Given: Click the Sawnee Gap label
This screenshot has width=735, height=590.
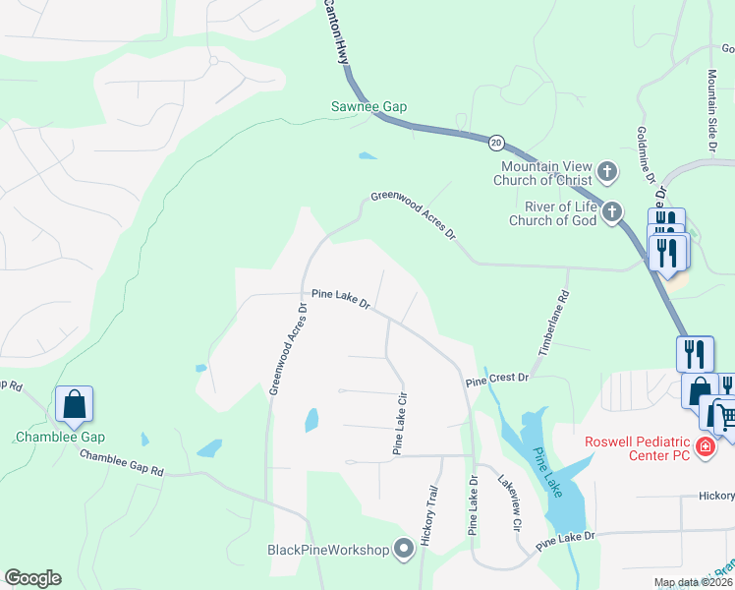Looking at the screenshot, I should click(368, 106).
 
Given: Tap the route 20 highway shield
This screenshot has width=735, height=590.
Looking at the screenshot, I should click(495, 142).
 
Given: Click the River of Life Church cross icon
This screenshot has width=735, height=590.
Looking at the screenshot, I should click(612, 212).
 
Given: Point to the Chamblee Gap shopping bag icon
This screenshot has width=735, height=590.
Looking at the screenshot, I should click(74, 404).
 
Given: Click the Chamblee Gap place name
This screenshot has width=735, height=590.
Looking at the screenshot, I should click(60, 437).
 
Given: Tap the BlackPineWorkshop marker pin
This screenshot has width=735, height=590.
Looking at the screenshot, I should click(403, 549).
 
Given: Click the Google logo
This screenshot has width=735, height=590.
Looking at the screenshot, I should click(32, 578).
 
